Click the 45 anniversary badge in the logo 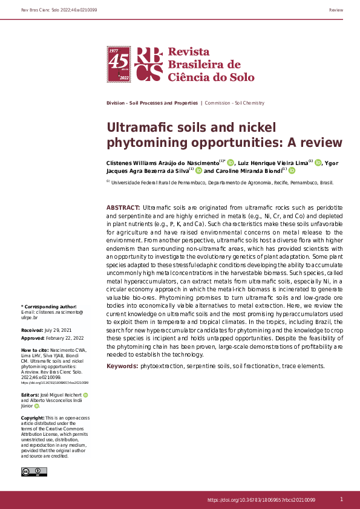click(119, 64)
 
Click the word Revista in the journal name click(188, 52)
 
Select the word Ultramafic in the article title click(140, 128)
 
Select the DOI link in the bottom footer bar click(261, 500)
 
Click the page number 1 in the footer click(341, 499)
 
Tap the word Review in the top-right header click(336, 11)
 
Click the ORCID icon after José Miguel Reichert click(85, 395)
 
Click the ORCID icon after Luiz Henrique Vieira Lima click(318, 163)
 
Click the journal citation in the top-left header click(59, 11)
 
